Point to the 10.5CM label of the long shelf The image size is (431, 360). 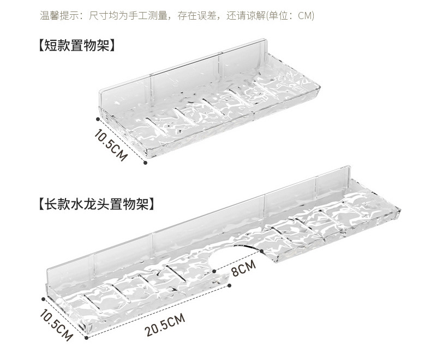(56, 325)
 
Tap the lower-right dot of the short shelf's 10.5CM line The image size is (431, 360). (146, 161)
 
